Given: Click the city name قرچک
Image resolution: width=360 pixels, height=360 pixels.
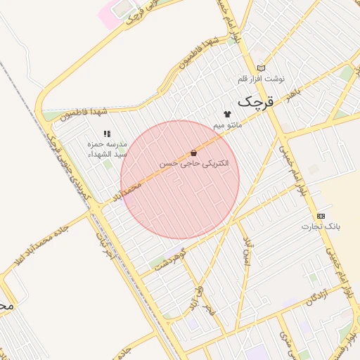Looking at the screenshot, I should click(x=254, y=102).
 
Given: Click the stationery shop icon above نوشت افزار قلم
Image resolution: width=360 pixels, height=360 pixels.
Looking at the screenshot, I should click(x=262, y=68).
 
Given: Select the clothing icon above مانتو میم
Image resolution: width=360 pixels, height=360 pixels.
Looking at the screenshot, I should click(x=227, y=114).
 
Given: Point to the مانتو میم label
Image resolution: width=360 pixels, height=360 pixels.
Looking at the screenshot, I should click(x=228, y=125).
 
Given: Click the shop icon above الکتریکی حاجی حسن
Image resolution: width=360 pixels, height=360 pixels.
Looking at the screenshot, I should click(x=193, y=153).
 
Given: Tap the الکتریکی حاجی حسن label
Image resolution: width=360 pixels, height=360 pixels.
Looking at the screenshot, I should click(x=193, y=164).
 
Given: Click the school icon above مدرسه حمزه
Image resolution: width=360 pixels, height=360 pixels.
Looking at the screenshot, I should click(x=107, y=133).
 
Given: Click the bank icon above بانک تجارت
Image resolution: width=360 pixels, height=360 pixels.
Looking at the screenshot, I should click(x=321, y=216).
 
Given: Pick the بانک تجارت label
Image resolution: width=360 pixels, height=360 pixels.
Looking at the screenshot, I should click(x=321, y=226).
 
